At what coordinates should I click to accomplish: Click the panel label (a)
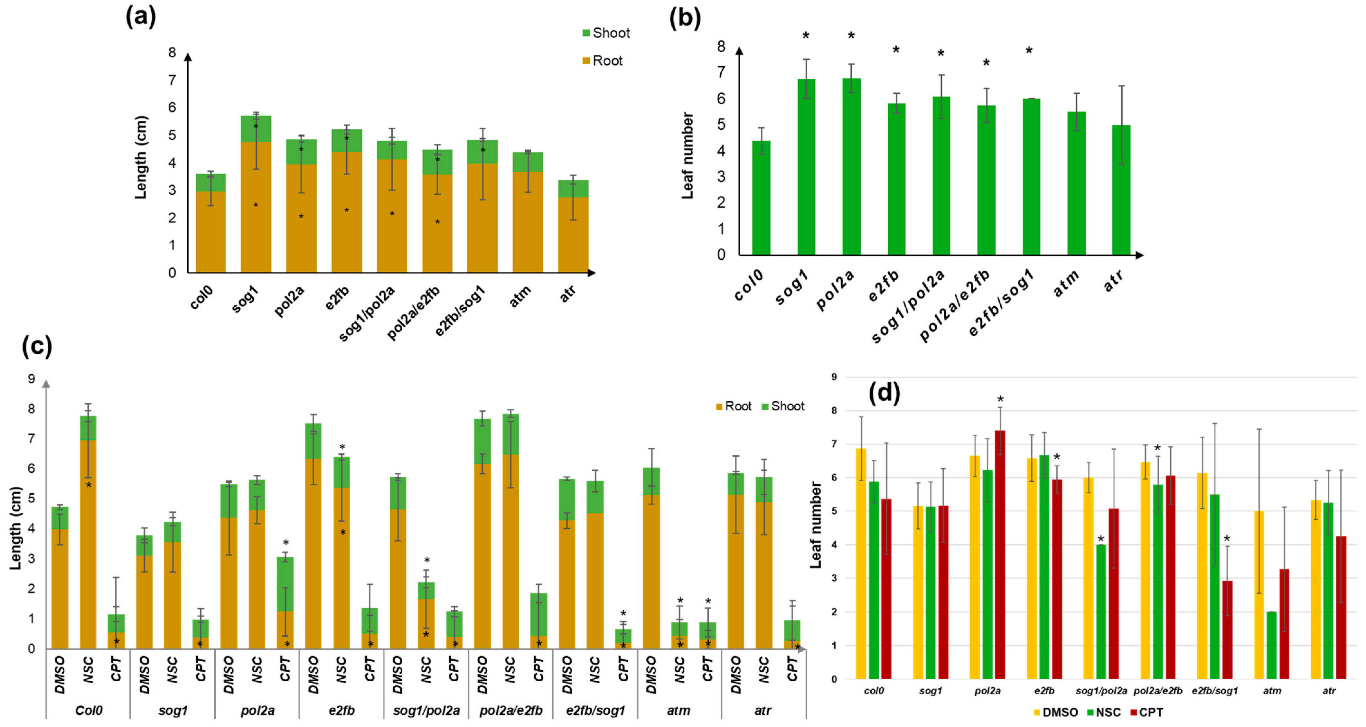tap(141, 17)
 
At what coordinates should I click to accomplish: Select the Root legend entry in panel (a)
tap(603, 61)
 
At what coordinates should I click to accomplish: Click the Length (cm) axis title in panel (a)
tap(141, 157)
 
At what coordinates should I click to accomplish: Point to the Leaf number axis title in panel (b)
tap(687, 155)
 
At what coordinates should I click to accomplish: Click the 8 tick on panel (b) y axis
tap(721, 47)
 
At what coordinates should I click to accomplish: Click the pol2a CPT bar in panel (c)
tap(285, 604)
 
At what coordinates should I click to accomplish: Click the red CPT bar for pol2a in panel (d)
tap(1000, 554)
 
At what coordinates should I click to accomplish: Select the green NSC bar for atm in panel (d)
tap(1271, 645)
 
